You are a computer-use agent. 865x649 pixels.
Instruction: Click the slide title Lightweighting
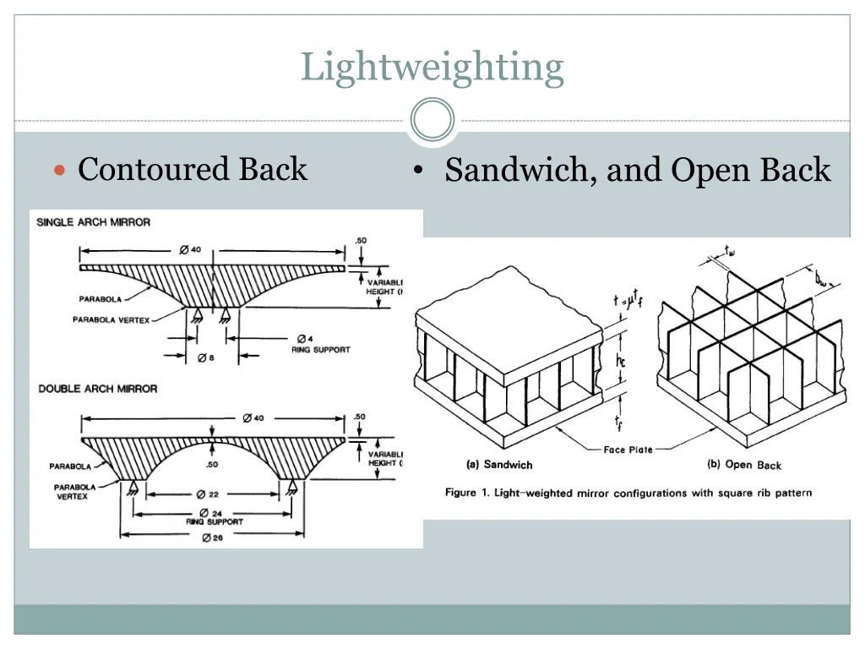click(432, 67)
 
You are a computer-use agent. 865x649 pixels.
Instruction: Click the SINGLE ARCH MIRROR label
click(94, 222)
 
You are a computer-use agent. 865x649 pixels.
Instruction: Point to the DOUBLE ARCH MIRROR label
click(98, 389)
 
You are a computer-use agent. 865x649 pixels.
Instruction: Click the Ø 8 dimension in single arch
click(206, 357)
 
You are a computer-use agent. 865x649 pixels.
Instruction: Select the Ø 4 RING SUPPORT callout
click(319, 344)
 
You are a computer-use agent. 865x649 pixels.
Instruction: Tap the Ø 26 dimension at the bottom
click(211, 539)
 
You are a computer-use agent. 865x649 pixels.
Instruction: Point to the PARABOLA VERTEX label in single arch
click(111, 319)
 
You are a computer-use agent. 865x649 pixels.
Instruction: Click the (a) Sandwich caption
click(499, 464)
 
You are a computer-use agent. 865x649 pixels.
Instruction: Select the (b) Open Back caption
click(743, 465)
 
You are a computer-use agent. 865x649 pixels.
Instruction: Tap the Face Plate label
click(628, 450)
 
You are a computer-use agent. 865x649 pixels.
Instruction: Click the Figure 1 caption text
click(628, 493)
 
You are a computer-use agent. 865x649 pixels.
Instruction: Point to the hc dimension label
click(620, 361)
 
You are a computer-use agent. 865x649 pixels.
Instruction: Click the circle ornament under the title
click(432, 120)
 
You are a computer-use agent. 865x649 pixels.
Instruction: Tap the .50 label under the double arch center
click(211, 464)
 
